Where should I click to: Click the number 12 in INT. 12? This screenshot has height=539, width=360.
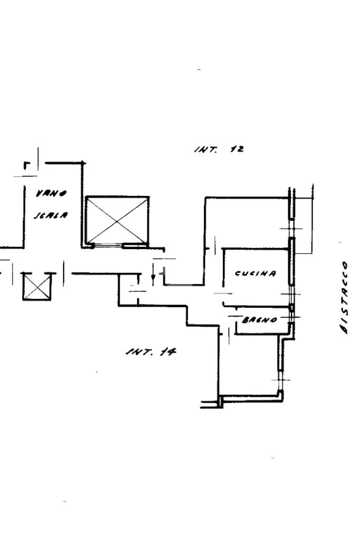click(237, 149)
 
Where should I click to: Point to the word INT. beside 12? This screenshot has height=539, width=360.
click(205, 150)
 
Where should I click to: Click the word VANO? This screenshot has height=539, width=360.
click(51, 193)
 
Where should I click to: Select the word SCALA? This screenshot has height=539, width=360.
click(51, 215)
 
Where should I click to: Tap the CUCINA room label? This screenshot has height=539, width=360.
click(255, 273)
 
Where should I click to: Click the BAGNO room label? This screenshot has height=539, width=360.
click(259, 320)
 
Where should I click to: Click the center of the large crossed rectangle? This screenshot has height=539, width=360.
click(117, 220)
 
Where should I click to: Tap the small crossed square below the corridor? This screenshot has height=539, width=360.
click(37, 287)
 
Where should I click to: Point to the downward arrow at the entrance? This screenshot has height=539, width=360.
click(153, 274)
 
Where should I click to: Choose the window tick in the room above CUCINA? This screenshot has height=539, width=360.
click(291, 228)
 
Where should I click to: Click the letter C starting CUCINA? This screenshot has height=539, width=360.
click(238, 273)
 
